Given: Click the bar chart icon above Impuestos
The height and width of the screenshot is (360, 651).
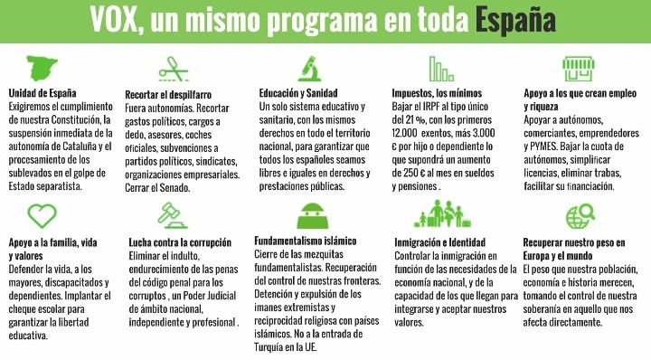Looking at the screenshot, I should [x=441, y=68].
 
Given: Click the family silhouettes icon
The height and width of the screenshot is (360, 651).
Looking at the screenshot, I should [x=446, y=216].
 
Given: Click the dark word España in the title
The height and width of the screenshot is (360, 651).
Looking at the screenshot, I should [x=515, y=18].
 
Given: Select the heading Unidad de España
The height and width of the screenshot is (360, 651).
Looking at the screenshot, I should [x=42, y=93].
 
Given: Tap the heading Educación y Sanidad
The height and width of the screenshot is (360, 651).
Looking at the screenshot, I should [x=300, y=93].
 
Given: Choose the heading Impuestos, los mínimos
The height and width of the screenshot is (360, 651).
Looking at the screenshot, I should [x=443, y=93].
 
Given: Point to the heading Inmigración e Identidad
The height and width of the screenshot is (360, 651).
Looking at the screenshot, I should [x=440, y=242].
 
